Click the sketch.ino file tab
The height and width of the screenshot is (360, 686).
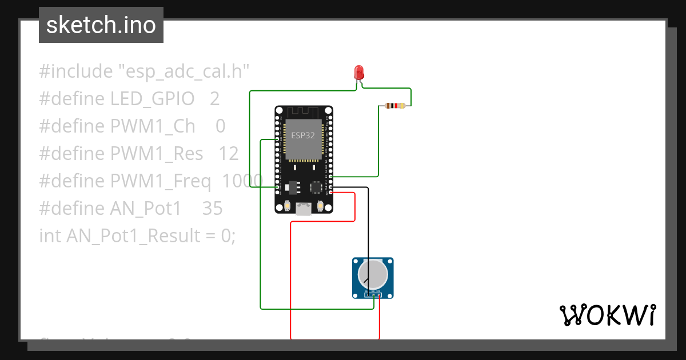tap(101, 25)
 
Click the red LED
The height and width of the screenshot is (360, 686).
tap(359, 73)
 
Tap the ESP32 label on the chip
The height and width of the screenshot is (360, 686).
tap(303, 135)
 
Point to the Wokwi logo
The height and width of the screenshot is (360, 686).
tap(607, 315)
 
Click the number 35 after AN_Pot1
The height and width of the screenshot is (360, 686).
tap(212, 209)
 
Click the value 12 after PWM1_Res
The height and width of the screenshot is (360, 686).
tap(228, 154)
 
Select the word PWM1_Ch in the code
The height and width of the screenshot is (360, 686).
tap(153, 126)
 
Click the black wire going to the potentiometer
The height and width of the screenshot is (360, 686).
tap(368, 229)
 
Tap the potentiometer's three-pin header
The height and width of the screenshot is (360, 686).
tap(373, 294)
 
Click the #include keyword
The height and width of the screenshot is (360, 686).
tap(76, 71)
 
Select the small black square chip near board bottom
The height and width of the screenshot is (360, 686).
tap(316, 187)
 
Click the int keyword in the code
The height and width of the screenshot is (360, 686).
tap(50, 236)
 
